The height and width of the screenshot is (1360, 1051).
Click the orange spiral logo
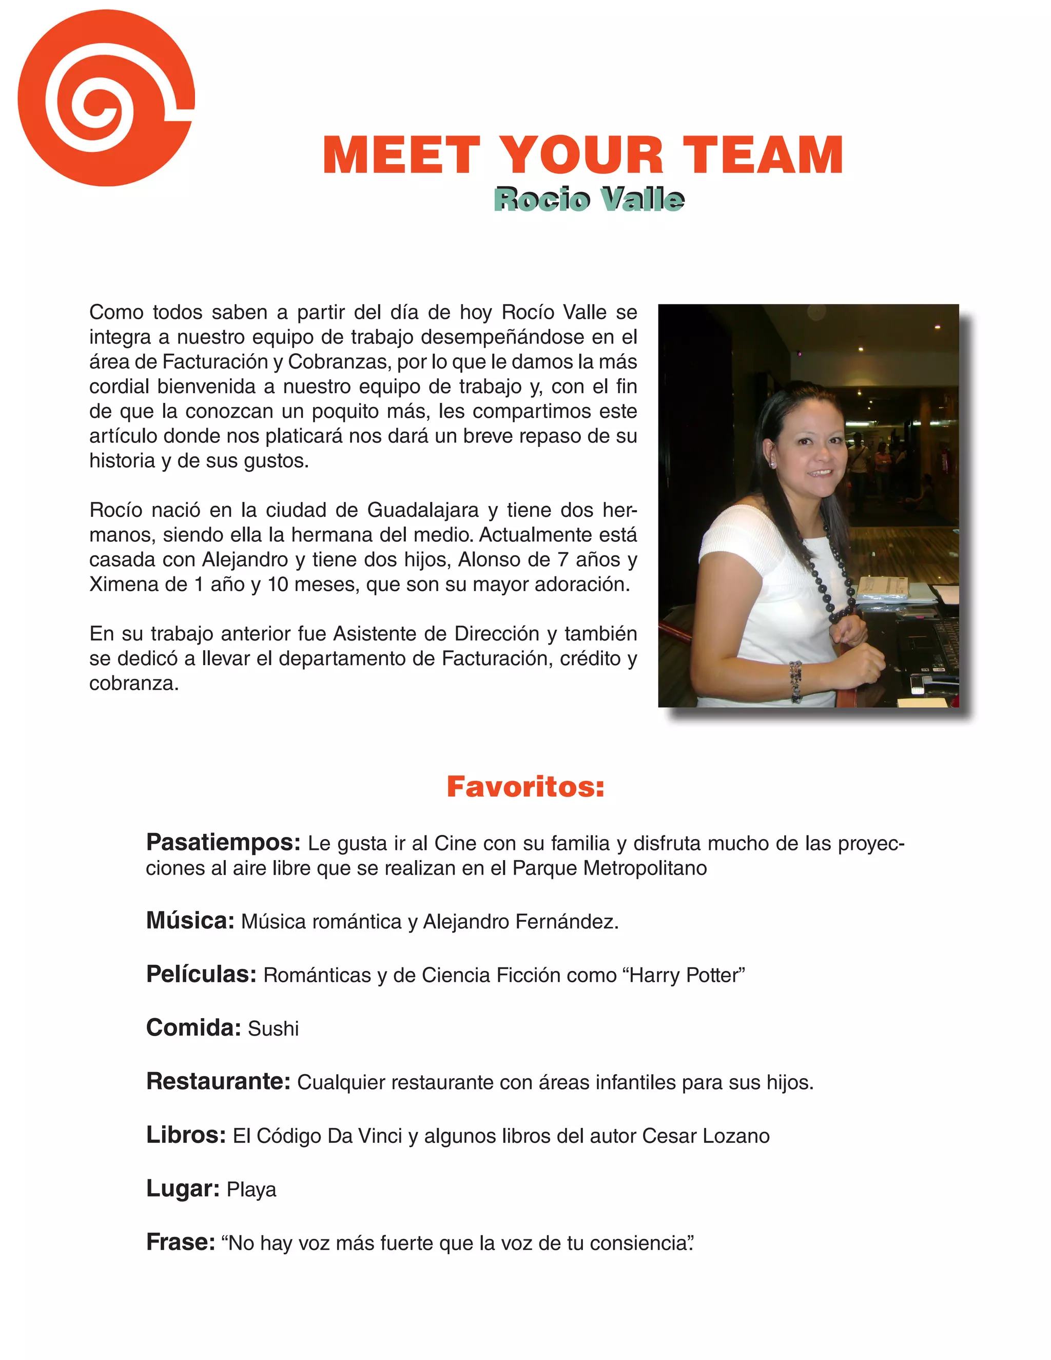[106, 98]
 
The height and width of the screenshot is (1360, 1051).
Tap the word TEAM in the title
[763, 156]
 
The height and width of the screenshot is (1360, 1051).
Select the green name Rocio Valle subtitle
[589, 200]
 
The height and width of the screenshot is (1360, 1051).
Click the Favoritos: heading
[525, 786]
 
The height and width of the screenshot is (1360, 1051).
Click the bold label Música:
[190, 920]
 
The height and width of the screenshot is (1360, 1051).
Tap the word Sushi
[274, 1028]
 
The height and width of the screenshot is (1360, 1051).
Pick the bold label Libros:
[186, 1135]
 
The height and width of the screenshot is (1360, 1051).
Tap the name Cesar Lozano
[706, 1136]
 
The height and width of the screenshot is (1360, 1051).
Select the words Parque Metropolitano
[610, 868]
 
